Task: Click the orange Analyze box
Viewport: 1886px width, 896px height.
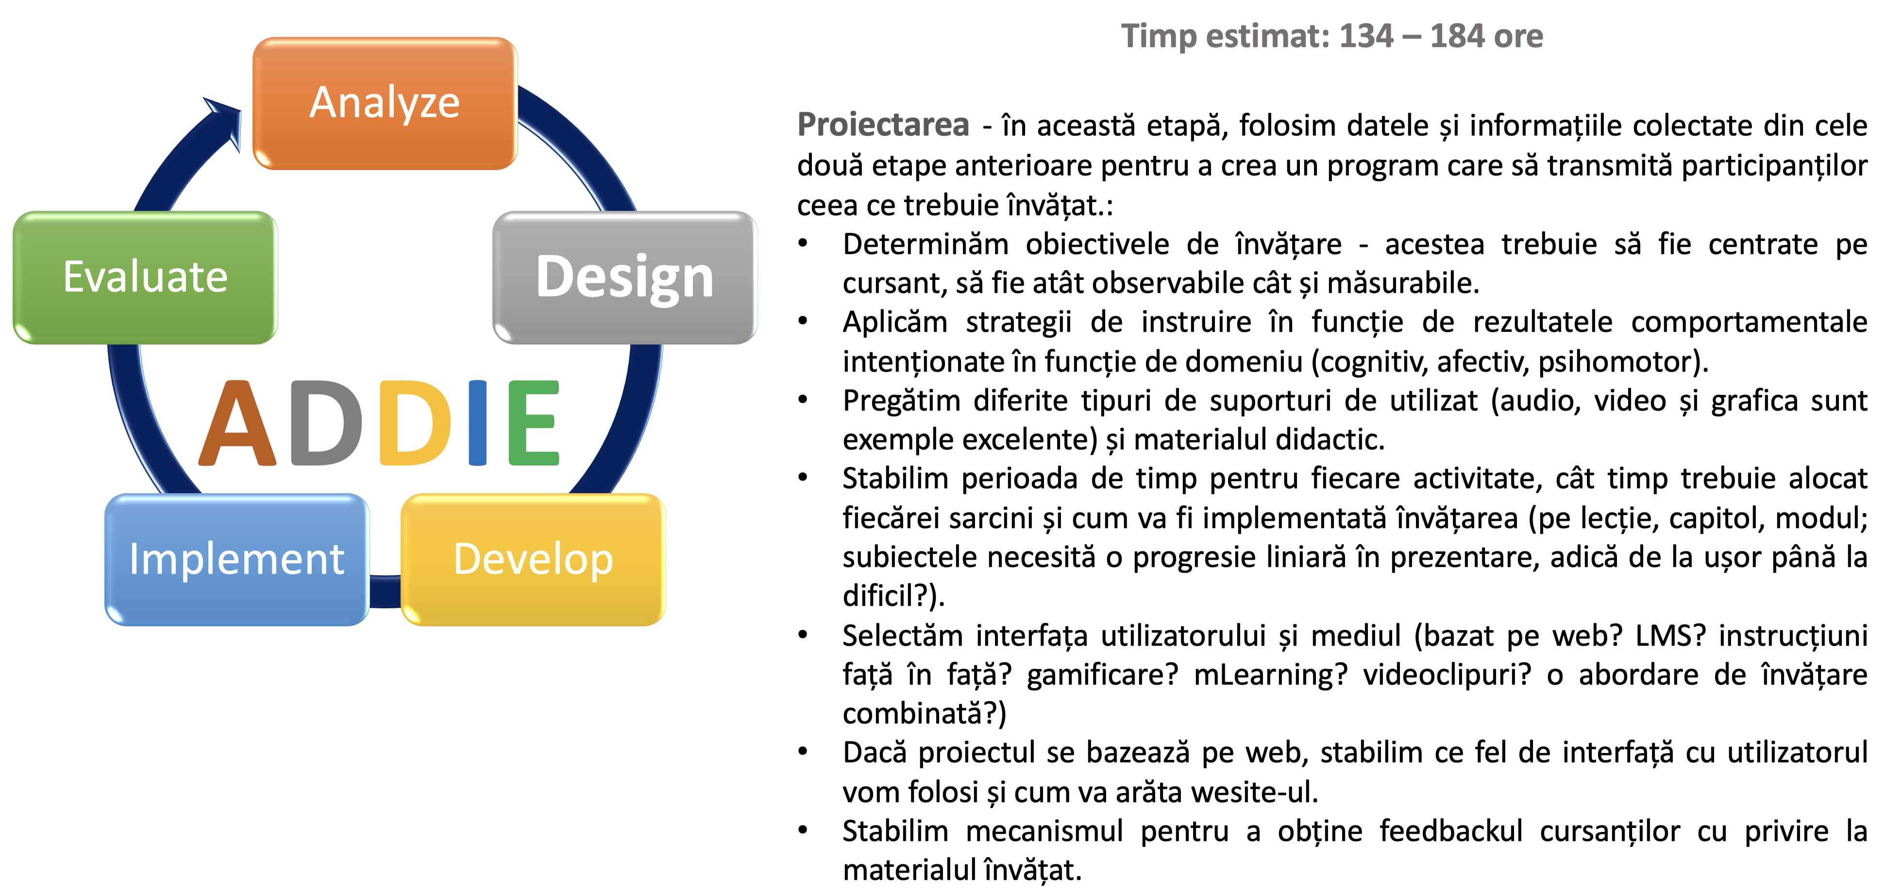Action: (x=385, y=103)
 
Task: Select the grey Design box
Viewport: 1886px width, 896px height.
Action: (x=624, y=277)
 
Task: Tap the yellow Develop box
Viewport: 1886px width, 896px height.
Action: (x=533, y=560)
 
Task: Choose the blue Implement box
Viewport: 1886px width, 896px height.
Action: (x=236, y=560)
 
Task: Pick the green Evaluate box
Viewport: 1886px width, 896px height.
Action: (x=145, y=277)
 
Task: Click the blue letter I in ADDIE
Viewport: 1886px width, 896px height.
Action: (x=477, y=423)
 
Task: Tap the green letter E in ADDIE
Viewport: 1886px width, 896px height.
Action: (x=534, y=423)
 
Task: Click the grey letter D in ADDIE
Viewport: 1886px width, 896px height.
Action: (x=326, y=423)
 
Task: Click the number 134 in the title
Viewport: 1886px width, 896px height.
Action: (x=1366, y=36)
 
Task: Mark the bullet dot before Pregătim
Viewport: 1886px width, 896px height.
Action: (x=803, y=400)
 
